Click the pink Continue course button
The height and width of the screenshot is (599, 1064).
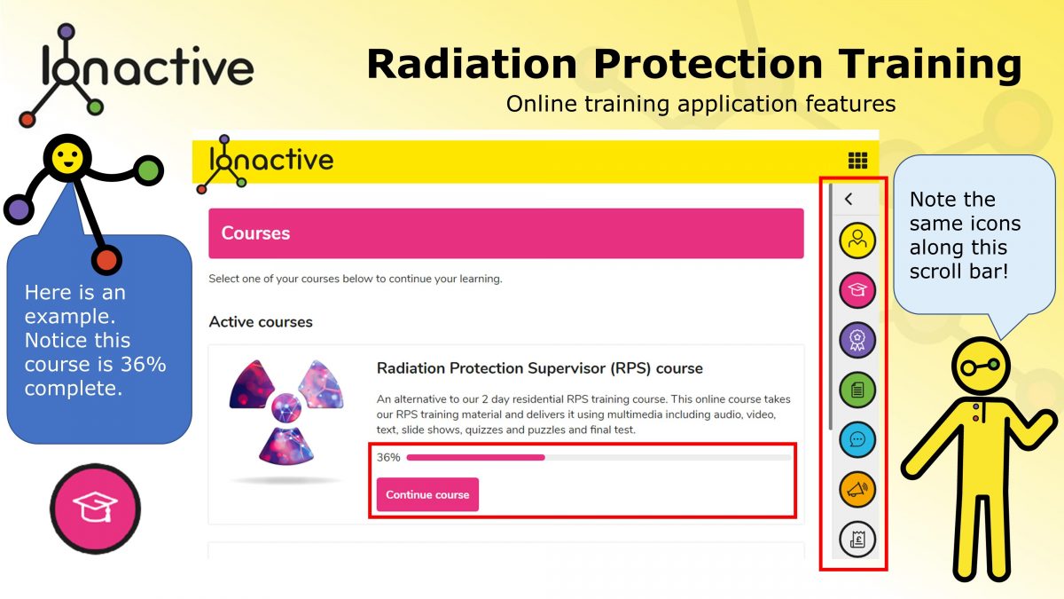click(427, 494)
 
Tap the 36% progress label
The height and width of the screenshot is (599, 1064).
click(388, 458)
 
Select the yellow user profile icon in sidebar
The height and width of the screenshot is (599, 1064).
click(857, 240)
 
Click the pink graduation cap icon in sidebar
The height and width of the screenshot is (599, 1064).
click(857, 289)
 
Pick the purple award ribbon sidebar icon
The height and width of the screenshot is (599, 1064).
click(857, 340)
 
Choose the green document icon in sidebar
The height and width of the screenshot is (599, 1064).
click(857, 390)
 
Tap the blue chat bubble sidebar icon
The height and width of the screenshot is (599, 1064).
click(857, 439)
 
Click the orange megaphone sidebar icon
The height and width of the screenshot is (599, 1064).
click(857, 489)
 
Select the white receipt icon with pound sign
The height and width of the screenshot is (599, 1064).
click(857, 539)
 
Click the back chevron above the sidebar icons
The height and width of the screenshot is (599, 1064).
click(849, 200)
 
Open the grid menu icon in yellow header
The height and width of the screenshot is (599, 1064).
click(857, 161)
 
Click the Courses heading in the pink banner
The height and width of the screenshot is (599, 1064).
click(255, 233)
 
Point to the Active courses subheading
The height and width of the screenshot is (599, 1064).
click(261, 321)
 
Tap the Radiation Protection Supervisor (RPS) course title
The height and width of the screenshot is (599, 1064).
click(539, 368)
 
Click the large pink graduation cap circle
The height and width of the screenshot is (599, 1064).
click(95, 508)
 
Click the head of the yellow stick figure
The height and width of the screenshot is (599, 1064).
click(981, 366)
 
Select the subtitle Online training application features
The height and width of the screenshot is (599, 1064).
click(700, 104)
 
